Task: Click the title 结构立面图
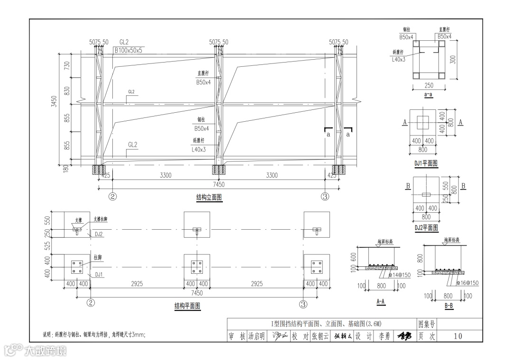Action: [209, 198]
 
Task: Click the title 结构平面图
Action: [187, 306]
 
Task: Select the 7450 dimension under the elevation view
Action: [219, 184]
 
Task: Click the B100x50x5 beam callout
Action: [128, 50]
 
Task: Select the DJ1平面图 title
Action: [426, 163]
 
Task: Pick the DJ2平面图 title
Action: [426, 228]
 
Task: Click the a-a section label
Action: [429, 95]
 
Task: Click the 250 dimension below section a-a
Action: [429, 86]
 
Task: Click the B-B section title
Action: [448, 306]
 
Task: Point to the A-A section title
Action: [380, 301]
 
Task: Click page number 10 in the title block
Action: [457, 336]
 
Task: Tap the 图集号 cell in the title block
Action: [426, 324]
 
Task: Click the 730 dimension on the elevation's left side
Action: [67, 65]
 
